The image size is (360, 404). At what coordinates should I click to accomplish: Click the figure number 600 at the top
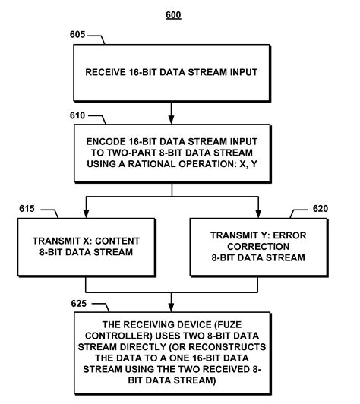click(173, 15)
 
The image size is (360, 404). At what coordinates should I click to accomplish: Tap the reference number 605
click(77, 34)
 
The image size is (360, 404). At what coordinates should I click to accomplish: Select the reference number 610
click(77, 115)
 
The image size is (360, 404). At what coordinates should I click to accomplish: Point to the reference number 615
click(27, 209)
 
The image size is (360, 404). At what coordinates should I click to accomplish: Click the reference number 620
click(321, 208)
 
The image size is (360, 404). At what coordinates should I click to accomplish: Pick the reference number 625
click(79, 304)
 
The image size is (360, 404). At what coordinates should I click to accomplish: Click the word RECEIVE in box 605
click(106, 72)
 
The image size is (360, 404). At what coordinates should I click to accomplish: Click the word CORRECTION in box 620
click(258, 247)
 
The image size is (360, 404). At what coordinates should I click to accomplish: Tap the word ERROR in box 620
click(289, 235)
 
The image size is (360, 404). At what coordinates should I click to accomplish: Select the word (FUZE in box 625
click(229, 325)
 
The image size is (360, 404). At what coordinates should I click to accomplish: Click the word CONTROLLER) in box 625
click(118, 336)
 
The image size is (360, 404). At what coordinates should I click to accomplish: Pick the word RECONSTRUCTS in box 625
click(227, 347)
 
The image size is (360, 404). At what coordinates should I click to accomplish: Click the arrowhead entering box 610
click(171, 120)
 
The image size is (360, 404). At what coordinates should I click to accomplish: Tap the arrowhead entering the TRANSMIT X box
click(87, 213)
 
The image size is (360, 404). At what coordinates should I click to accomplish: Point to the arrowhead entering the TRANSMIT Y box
click(258, 213)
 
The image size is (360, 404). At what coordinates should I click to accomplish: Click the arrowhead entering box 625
click(171, 308)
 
